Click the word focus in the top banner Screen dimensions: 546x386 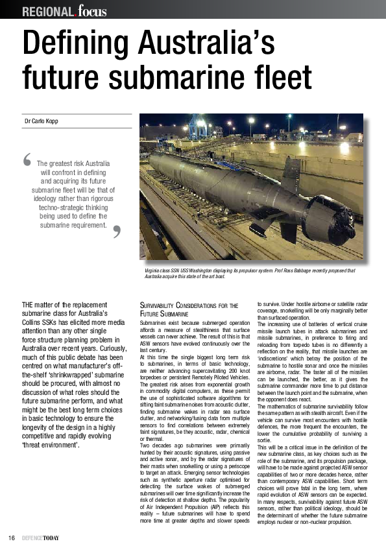[x=91, y=10]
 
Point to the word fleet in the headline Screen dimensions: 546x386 [x=283, y=78]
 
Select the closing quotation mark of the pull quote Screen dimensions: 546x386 [x=117, y=231]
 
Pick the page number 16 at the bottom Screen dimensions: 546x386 [x=12, y=538]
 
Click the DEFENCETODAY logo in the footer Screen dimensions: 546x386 [x=40, y=538]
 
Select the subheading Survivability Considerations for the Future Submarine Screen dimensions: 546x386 [x=189, y=309]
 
